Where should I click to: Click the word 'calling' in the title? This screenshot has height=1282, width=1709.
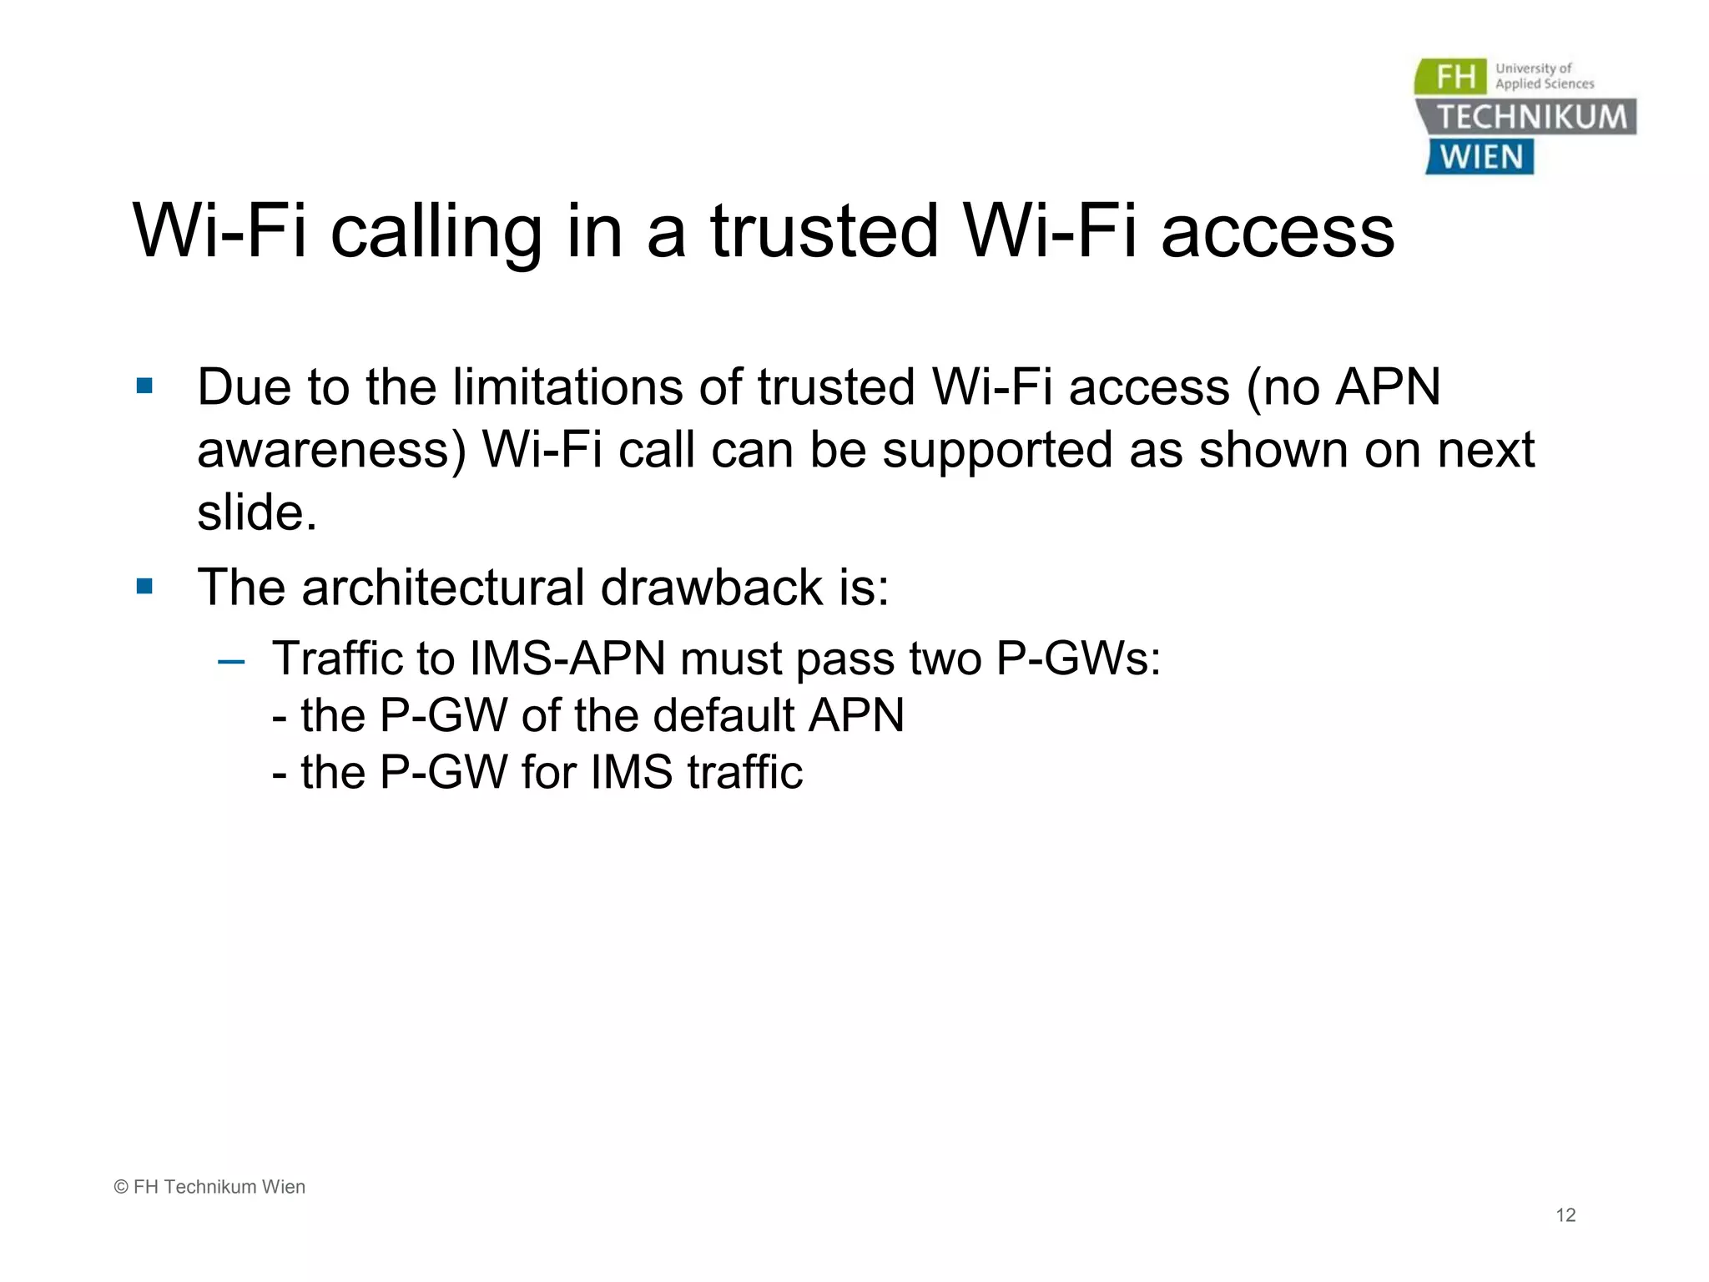point(436,232)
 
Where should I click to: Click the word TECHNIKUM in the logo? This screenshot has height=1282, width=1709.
point(1531,117)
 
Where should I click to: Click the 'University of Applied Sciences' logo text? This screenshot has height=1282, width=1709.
point(1544,76)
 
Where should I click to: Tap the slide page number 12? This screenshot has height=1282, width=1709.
point(1565,1215)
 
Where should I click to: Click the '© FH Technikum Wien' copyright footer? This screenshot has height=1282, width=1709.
point(209,1187)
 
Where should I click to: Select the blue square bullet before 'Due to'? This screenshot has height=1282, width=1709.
point(145,386)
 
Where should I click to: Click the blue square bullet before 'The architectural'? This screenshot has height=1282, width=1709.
point(145,586)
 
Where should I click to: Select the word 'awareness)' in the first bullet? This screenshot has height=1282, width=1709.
point(331,451)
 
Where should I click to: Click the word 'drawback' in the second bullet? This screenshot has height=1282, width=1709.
point(712,587)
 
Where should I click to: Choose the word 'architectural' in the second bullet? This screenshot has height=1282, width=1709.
point(443,587)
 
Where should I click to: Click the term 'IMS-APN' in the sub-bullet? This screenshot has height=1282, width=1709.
point(567,659)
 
